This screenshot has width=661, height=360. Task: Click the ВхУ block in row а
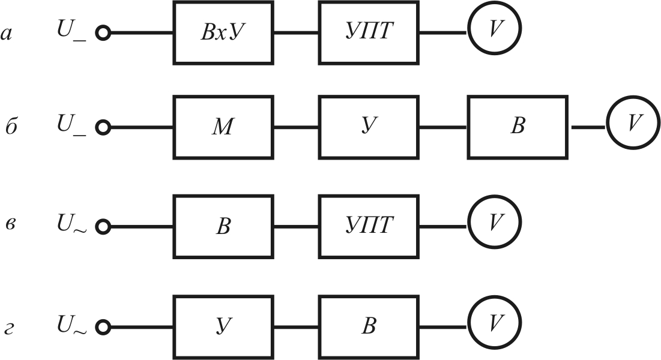pos(223,32)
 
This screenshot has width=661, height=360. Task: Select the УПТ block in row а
pos(369,32)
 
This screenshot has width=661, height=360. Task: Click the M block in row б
pos(223,127)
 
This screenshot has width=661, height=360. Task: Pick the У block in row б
pos(369,127)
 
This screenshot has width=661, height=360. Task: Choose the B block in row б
pos(517,127)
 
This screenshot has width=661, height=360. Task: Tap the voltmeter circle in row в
pos(494,223)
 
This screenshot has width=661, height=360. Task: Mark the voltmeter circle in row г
pos(494,323)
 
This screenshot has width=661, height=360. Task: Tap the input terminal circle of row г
pos(103,328)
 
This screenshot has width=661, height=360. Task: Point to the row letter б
pos(11,127)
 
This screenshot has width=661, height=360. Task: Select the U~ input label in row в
pos(71,224)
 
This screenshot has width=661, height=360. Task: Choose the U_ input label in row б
pos(71,125)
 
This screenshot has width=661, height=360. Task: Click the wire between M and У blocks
pos(296,128)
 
